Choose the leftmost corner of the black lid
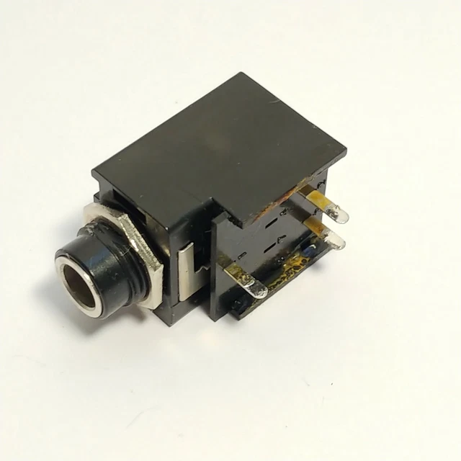pos(92,170)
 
